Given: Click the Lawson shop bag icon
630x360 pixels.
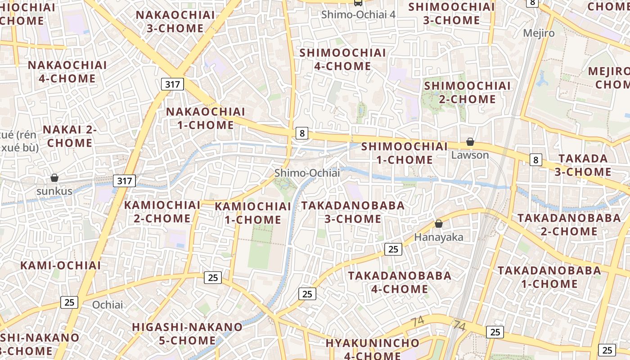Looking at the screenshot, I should coord(470,142).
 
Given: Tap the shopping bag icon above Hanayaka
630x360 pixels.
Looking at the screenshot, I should coord(439,224).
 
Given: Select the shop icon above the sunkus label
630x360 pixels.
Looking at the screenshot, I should coord(54,178).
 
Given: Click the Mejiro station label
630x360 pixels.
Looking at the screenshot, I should coord(539,33).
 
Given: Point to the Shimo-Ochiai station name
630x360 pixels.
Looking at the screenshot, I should coord(307,173).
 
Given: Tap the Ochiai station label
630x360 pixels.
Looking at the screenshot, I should coord(108,305).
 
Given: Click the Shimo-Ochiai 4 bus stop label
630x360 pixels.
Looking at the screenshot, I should coord(358,14).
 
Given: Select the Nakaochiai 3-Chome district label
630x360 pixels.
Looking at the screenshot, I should coord(175,22).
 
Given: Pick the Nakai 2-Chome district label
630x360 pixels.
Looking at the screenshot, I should coord(70,136).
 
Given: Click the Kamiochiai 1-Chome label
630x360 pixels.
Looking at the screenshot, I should coord(253,213).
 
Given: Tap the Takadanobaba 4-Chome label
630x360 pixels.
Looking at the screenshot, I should coord(400,282).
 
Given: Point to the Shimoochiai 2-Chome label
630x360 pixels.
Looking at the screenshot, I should coord(467,92).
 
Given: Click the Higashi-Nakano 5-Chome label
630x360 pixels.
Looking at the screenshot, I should coord(187,333).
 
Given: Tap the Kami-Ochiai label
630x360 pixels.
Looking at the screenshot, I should coord(61,265).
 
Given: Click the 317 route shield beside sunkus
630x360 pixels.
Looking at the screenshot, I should coord(124,181).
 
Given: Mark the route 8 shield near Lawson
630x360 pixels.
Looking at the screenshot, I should coord(535,159).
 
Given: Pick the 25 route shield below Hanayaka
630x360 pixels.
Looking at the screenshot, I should coord(393,249).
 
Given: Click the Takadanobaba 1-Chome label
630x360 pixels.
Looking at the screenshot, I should coord(549,277).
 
